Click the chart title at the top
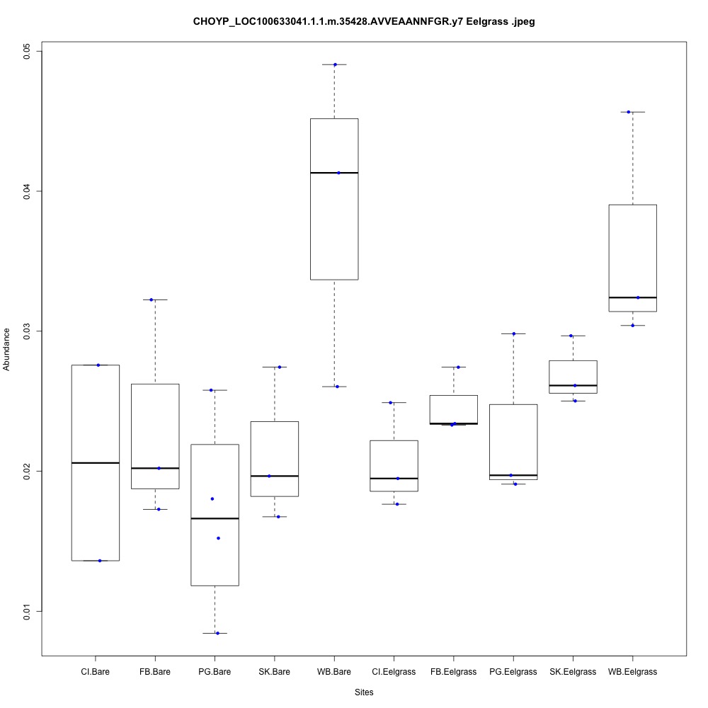364,22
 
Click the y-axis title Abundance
8,349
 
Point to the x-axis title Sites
363,692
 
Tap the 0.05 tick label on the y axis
28,52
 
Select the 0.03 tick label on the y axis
28,331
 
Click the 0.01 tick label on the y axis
28,611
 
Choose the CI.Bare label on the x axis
95,671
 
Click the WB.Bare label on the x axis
334,671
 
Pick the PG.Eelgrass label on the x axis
513,671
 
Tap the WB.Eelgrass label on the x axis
632,671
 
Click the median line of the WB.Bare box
334,173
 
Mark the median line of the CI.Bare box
95,462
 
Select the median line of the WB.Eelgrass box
632,297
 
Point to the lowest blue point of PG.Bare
217,633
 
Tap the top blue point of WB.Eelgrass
629,112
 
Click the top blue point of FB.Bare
152,299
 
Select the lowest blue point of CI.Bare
100,561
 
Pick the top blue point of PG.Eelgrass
513,333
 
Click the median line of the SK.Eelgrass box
573,385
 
